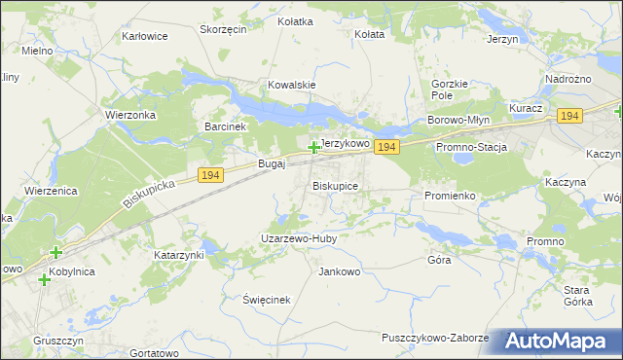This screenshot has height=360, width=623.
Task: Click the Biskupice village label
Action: [x=335, y=185]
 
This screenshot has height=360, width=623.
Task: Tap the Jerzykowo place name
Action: [x=346, y=143]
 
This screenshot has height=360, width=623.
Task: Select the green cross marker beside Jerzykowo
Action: [x=313, y=148]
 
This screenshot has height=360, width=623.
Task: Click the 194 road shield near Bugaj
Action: [x=210, y=174]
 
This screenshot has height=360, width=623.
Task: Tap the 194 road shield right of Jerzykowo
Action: [x=386, y=147]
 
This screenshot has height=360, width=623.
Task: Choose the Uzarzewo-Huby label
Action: [x=297, y=237]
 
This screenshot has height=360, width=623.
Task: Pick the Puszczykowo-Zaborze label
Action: [x=435, y=338]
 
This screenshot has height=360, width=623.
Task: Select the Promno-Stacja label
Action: [x=472, y=147]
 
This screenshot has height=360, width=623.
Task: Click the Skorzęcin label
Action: [x=223, y=29]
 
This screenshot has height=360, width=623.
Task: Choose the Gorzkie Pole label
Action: [x=449, y=90]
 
